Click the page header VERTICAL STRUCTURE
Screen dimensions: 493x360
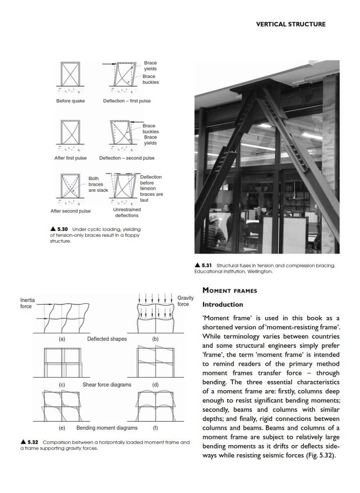coord(290,24)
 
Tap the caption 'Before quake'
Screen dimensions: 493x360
coord(70,101)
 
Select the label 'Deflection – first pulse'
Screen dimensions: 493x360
coord(127,101)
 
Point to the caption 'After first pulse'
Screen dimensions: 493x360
coord(70,158)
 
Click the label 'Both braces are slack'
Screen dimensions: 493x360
coord(98,184)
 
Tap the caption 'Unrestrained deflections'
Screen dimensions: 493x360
coord(127,212)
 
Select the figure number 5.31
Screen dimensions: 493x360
coord(206,265)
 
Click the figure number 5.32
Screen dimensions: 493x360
coord(32,442)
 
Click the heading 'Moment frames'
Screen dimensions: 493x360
coord(230,291)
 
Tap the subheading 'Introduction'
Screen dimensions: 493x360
coord(222,305)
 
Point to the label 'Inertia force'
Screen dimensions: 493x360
coord(27,303)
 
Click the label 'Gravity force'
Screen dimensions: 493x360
coord(185,301)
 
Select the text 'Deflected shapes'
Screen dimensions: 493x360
coord(107,339)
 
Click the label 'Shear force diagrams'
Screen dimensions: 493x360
coord(107,385)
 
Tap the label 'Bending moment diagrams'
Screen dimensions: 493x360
coord(107,428)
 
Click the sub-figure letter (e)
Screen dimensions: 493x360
coord(62,428)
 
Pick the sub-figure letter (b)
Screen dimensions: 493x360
coord(155,339)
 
